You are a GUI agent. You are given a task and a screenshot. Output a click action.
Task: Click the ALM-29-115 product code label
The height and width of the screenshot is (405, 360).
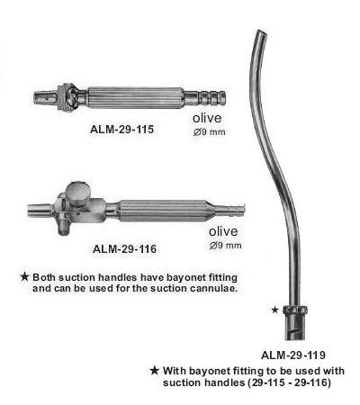tap(121, 130)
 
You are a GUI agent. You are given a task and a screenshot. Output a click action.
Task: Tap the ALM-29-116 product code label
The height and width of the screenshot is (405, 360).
tap(124, 248)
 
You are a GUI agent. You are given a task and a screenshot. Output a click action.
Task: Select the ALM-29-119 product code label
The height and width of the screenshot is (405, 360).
tap(293, 355)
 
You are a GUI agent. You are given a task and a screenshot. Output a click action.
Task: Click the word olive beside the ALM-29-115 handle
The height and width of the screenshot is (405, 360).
tap(207, 118)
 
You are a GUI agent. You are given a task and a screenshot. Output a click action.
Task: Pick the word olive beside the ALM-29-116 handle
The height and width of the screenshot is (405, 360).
tap(223, 231)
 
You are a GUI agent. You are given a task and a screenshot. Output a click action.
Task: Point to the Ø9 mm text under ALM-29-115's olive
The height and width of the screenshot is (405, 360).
tap(209, 132)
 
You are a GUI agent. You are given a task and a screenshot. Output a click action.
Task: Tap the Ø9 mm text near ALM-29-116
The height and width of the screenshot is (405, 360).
tap(225, 246)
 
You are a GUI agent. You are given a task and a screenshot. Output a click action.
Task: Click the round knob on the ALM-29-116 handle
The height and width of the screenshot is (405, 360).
tap(77, 191)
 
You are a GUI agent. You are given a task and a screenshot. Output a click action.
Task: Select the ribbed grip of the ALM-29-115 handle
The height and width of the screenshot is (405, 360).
tap(135, 98)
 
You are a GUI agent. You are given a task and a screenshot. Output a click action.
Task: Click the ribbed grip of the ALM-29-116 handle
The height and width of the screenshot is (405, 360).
tap(164, 211)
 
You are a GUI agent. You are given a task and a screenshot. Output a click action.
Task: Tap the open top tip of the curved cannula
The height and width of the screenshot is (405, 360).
tap(262, 33)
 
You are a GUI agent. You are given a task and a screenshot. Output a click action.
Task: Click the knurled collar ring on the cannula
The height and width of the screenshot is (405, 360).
tap(295, 310)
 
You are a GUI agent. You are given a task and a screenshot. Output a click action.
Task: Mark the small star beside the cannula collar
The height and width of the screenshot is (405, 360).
tap(274, 310)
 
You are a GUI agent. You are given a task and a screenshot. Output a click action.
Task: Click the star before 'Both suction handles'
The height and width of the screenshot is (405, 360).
tap(24, 277)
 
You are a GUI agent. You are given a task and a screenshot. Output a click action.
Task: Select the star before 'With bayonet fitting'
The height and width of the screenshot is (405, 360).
tap(155, 371)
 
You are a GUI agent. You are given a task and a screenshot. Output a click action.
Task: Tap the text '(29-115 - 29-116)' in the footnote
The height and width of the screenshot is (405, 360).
tap(289, 382)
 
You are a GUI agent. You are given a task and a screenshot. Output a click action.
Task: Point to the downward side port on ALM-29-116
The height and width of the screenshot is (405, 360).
tap(64, 227)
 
